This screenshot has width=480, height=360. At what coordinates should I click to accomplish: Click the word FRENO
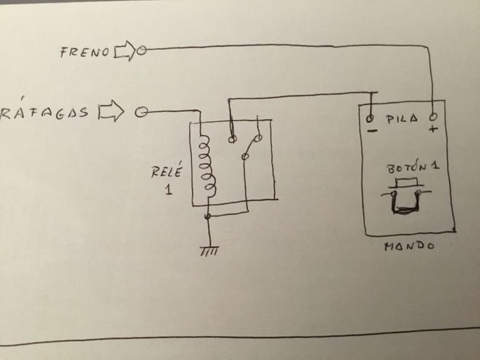pyautogui.click(x=85, y=52)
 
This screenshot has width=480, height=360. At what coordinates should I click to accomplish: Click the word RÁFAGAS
pyautogui.click(x=45, y=112)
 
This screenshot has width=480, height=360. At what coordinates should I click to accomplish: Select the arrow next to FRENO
pyautogui.click(x=124, y=51)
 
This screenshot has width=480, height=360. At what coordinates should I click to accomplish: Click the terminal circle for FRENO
pyautogui.click(x=141, y=51)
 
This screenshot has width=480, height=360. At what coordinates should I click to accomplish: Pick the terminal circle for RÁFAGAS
pyautogui.click(x=141, y=112)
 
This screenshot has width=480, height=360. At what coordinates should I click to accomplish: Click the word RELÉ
pyautogui.click(x=166, y=171)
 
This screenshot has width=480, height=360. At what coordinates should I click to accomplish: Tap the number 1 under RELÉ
pyautogui.click(x=168, y=189)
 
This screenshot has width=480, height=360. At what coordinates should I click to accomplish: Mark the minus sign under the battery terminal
pyautogui.click(x=371, y=131)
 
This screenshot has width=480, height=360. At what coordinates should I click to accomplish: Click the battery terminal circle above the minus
pyautogui.click(x=370, y=117)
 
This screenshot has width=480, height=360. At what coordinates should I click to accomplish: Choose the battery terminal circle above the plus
pyautogui.click(x=432, y=117)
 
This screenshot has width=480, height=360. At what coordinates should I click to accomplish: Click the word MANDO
pyautogui.click(x=409, y=246)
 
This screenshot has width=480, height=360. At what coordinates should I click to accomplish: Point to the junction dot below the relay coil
pyautogui.click(x=208, y=216)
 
